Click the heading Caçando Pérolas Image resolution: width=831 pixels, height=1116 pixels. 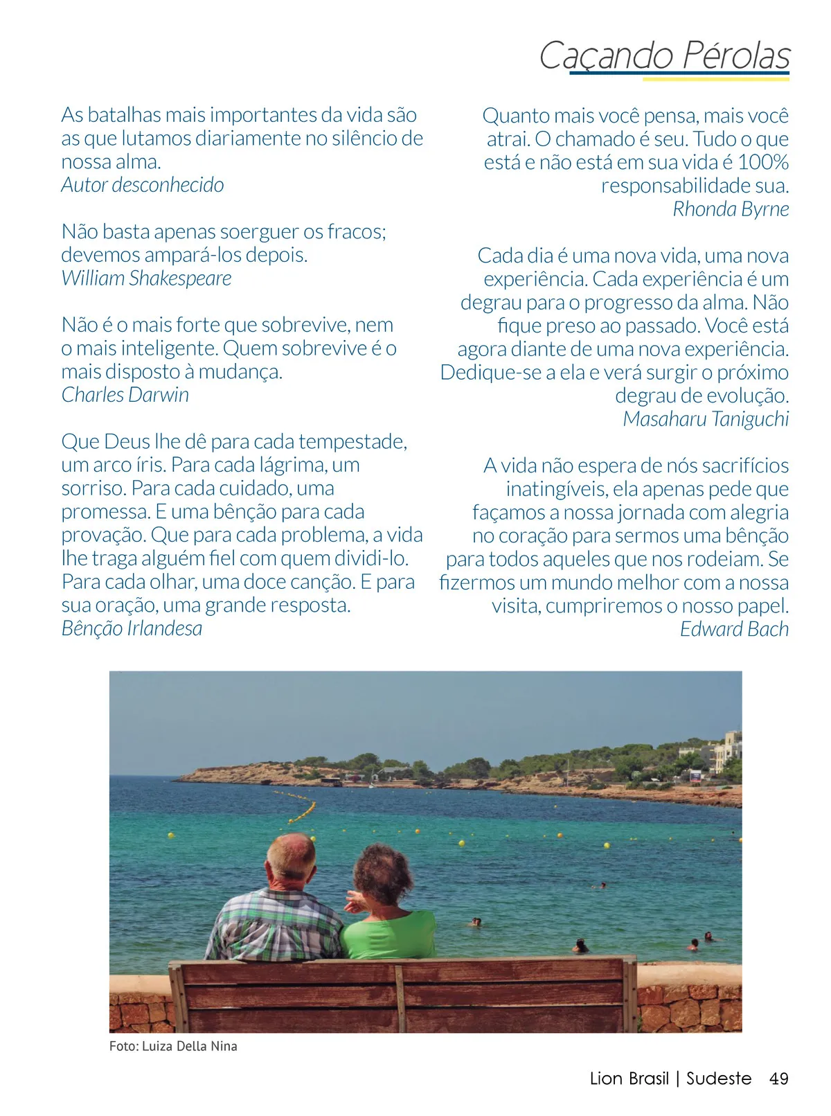[x=664, y=55]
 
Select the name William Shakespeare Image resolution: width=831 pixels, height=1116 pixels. [x=146, y=278]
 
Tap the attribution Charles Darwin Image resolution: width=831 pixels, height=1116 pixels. [x=125, y=395]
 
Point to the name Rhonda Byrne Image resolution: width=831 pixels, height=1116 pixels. [x=731, y=209]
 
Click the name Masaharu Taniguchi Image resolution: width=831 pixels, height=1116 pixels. [x=706, y=419]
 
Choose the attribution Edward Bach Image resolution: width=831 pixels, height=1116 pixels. [x=734, y=629]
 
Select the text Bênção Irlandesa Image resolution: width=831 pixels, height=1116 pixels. [x=132, y=628]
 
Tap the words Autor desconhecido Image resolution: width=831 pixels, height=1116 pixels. [x=142, y=185]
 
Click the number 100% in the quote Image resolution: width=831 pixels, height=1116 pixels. [x=763, y=162]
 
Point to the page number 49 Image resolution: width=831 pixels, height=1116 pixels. [x=779, y=1079]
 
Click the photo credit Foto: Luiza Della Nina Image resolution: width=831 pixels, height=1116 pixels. [x=173, y=1046]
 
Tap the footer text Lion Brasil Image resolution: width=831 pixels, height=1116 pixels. [x=629, y=1079]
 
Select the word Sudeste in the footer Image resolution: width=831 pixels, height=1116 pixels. [x=719, y=1079]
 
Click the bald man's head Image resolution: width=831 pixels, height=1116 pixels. [x=291, y=856]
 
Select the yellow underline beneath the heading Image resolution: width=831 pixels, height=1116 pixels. [x=716, y=79]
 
